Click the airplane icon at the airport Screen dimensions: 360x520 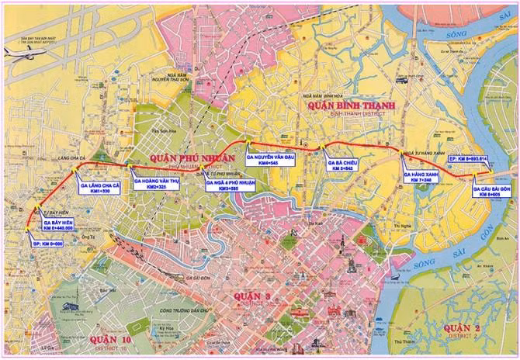(x=19, y=53)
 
